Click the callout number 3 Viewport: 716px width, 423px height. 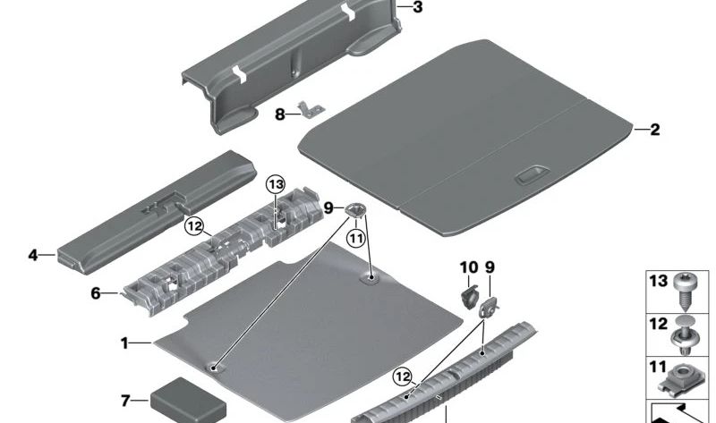[417, 7]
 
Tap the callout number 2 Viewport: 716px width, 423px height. [655, 130]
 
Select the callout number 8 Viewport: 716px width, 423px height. [280, 114]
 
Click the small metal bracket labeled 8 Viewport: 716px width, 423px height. [311, 109]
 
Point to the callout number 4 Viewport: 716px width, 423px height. [33, 255]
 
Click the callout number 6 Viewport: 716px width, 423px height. [96, 293]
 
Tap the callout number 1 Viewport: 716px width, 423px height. [124, 343]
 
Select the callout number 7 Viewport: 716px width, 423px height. [125, 401]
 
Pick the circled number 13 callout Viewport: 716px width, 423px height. [276, 185]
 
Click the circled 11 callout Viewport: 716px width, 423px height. [356, 237]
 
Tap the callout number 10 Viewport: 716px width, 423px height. [469, 266]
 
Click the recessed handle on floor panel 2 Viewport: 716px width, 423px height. [532, 175]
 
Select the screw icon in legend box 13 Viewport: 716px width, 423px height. [684, 292]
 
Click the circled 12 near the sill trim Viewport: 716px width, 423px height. [402, 376]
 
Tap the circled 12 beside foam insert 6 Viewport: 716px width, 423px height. [194, 226]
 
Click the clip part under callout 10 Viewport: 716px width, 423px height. [469, 297]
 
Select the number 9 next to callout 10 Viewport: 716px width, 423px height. [490, 266]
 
